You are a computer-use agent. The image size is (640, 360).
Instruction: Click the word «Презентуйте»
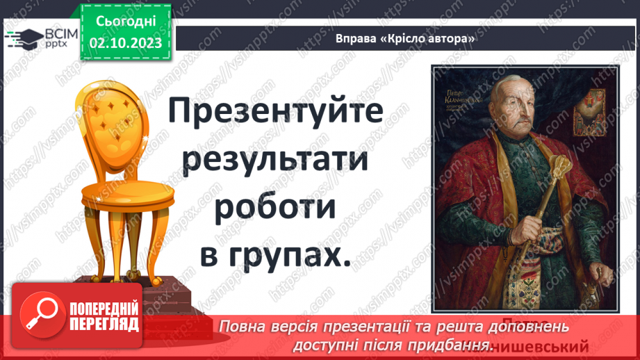[276, 112]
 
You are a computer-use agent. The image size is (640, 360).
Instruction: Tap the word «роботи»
[276, 208]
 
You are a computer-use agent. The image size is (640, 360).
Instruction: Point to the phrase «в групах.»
[276, 255]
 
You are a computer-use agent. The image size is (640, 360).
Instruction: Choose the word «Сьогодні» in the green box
[126, 23]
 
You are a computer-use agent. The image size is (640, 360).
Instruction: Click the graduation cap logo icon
[22, 39]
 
